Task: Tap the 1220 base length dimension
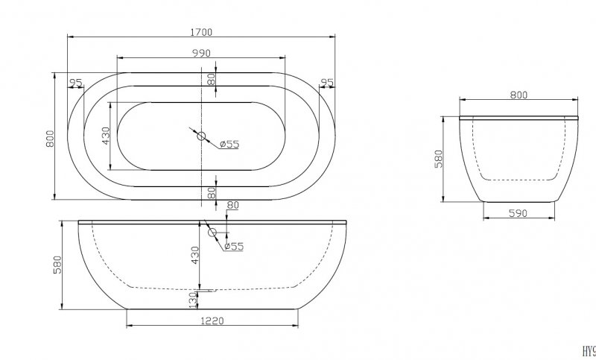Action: click(x=212, y=321)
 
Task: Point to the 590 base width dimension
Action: click(x=519, y=213)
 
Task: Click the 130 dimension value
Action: click(x=193, y=299)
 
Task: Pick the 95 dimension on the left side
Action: click(x=76, y=82)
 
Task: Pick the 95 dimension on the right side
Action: click(x=326, y=82)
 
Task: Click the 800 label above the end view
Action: click(x=519, y=95)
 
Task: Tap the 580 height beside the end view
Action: click(x=439, y=159)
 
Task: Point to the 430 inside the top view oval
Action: click(x=106, y=136)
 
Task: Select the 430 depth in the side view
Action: click(x=195, y=255)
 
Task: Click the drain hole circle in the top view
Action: click(x=200, y=136)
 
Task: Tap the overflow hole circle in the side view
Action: click(x=212, y=233)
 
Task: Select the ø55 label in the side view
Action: click(x=235, y=247)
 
